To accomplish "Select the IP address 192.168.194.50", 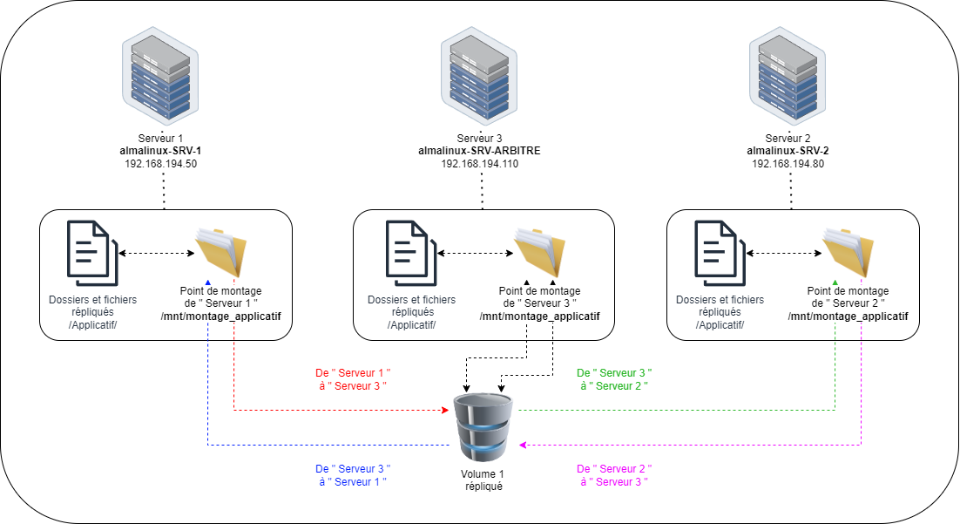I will point(161,164).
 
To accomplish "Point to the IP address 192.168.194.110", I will point(479,164).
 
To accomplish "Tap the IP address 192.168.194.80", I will point(788,164).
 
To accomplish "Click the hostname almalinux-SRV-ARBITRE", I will point(479,151).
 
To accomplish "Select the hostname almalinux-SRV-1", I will point(161,151).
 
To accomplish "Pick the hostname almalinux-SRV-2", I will point(788,151).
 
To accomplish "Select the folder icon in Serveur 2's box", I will point(848,253).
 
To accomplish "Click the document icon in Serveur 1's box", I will point(88,253).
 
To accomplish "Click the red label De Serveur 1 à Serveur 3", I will point(351,378).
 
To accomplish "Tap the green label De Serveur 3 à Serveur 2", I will point(614,378).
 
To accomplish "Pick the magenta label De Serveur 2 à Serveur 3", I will point(614,475).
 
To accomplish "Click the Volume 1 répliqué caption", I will point(483,480).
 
